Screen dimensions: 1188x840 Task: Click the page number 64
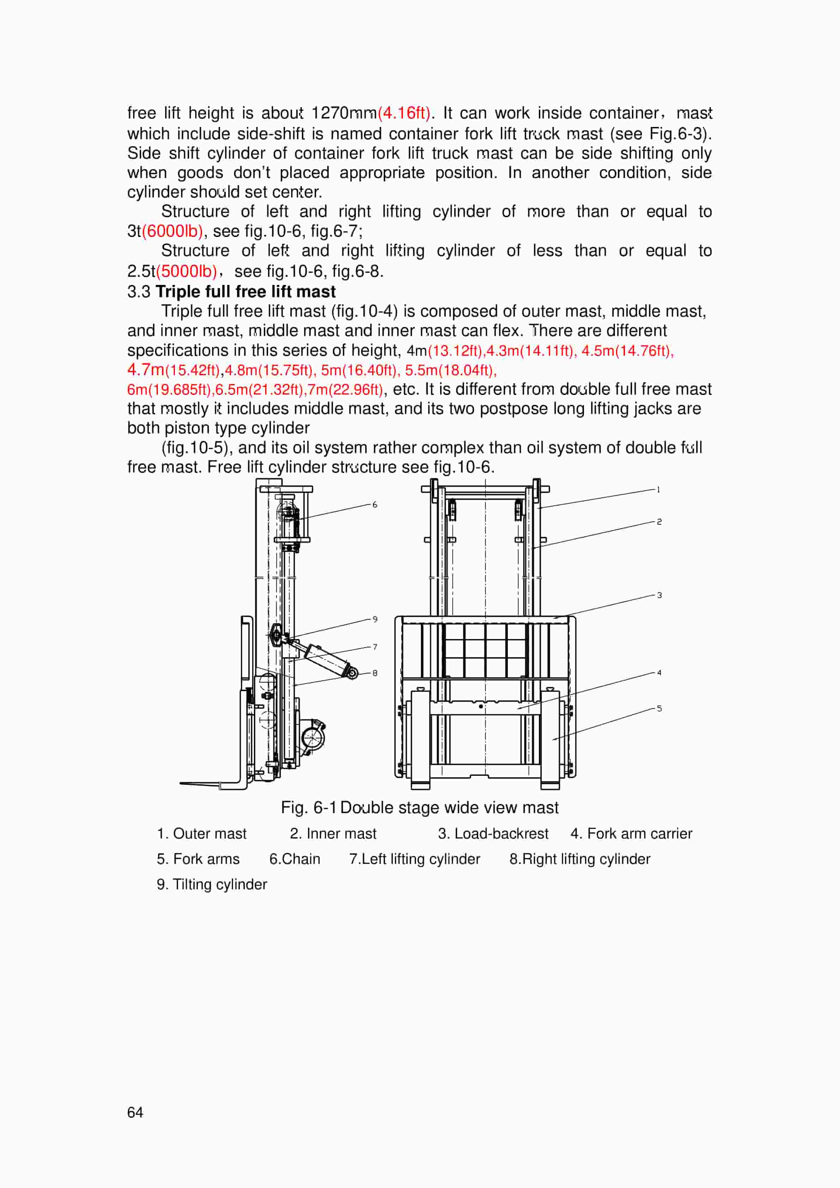pos(135,1112)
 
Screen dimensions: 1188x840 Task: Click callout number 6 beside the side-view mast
pos(375,505)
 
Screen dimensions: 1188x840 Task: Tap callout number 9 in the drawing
pos(375,619)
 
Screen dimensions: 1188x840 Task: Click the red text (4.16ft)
pos(404,113)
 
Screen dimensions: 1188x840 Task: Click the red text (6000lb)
pos(172,231)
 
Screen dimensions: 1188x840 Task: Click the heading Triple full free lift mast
pos(245,291)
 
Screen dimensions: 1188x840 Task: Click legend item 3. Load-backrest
pos(493,834)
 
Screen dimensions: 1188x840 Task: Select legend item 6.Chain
pos(294,859)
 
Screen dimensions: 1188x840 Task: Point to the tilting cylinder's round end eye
pos(352,673)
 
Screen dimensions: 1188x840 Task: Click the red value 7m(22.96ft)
pos(345,390)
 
